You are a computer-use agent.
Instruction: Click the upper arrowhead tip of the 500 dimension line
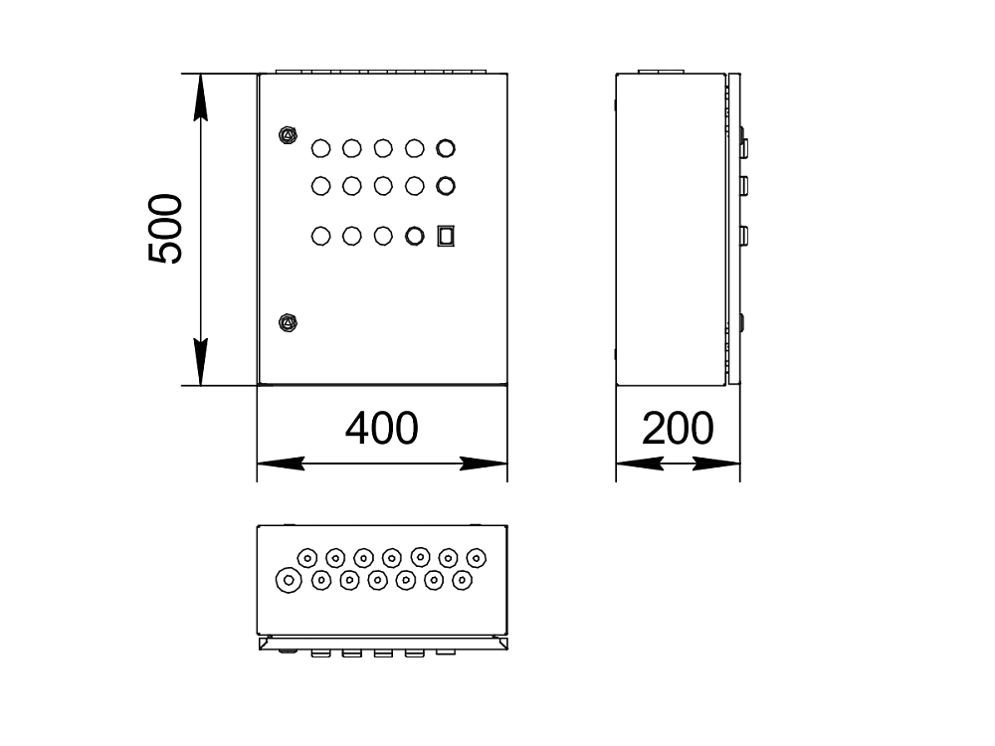pos(201,75)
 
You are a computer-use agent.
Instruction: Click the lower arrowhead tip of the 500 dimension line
pos(201,385)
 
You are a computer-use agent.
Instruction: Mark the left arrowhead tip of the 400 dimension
pos(257,464)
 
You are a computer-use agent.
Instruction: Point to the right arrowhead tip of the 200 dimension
pos(740,464)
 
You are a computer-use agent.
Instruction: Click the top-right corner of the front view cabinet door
pos(507,75)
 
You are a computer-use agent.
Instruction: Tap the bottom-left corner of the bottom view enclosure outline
pos(257,634)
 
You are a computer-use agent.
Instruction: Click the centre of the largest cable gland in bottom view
pos(289,581)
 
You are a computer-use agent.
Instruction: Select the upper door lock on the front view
pos(289,135)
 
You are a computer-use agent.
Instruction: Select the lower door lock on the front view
pos(289,323)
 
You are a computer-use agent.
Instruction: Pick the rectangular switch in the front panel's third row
pos(446,236)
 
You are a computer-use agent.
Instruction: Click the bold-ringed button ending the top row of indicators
pos(446,148)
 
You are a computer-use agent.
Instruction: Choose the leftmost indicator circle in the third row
pos(321,236)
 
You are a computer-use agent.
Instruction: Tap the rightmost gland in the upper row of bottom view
pos(477,558)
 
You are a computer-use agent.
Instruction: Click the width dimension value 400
pos(382,428)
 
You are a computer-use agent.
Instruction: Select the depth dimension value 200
pos(678,428)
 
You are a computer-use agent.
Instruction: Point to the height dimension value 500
pos(165,229)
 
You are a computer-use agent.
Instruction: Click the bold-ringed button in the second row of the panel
pos(446,186)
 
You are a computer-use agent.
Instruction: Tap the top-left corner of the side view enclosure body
pos(616,75)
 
